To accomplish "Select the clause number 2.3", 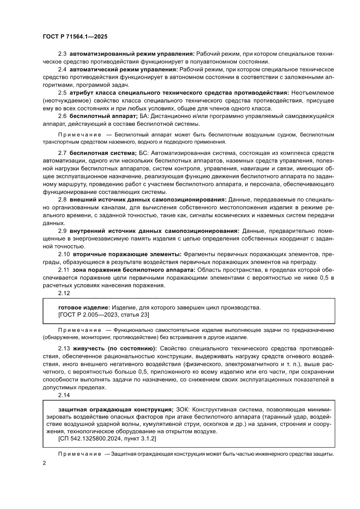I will (x=62, y=54).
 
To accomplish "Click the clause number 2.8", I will (x=62, y=200).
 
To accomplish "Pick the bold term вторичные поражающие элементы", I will (x=127, y=254).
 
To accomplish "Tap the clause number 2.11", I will (x=64, y=270).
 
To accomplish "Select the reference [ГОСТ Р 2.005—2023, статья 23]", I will (x=104, y=315).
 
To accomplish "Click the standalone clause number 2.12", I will (x=64, y=293).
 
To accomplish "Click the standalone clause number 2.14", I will (x=64, y=394).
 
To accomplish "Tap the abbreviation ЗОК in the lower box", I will (x=183, y=410).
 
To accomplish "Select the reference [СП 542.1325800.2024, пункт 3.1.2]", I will (x=107, y=439).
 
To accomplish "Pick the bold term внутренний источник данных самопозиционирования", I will (x=154, y=231).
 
